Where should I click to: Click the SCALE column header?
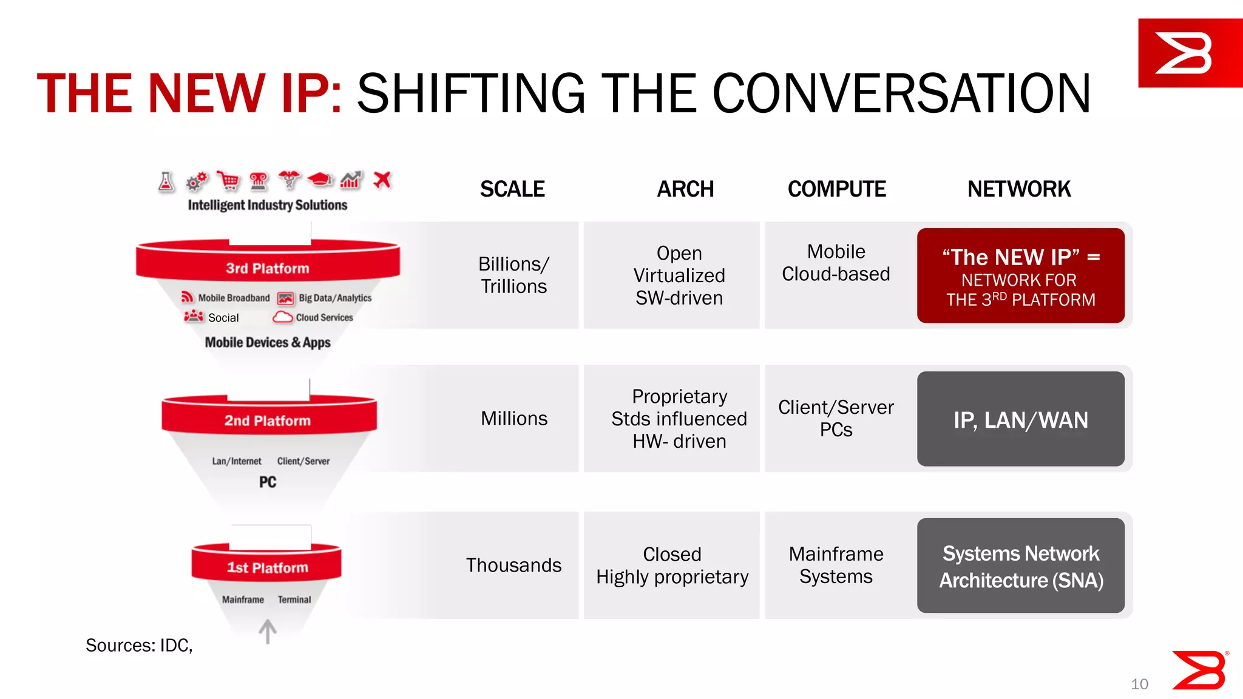(512, 189)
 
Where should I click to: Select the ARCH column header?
(685, 189)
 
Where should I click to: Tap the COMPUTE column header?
(836, 189)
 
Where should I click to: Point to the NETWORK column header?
(1019, 189)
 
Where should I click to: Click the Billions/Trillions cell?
(513, 275)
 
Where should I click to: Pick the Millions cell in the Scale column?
(513, 418)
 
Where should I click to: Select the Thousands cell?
(513, 565)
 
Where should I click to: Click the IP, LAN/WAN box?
(1020, 419)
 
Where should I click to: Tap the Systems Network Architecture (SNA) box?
(1020, 566)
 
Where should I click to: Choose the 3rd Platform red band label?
(268, 268)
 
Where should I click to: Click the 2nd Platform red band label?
(268, 420)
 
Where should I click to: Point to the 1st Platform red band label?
(268, 567)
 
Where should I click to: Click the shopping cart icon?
(228, 181)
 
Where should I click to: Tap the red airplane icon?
(382, 180)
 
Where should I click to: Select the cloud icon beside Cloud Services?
(283, 317)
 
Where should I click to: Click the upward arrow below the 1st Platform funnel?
(268, 631)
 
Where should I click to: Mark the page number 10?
(1139, 684)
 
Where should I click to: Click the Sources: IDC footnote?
(139, 645)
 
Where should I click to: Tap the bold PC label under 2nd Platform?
(268, 482)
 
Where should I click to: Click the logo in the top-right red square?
(1184, 53)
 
